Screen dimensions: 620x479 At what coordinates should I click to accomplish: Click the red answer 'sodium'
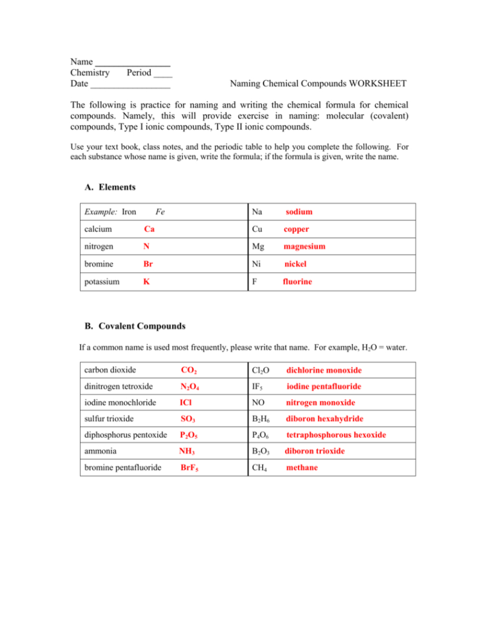299,212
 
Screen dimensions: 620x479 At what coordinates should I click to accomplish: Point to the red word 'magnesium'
304,246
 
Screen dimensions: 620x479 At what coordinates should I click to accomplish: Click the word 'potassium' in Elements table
102,281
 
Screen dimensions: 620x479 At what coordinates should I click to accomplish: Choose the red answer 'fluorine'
298,281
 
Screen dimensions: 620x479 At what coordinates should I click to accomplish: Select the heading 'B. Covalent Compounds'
135,326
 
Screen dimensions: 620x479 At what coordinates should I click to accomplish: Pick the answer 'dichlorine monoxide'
324,370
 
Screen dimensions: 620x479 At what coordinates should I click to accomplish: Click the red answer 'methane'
302,468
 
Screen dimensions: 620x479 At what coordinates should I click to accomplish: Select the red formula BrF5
189,468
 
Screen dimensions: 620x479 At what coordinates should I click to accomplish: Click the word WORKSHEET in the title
376,84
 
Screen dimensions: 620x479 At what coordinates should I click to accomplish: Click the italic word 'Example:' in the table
97,212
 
